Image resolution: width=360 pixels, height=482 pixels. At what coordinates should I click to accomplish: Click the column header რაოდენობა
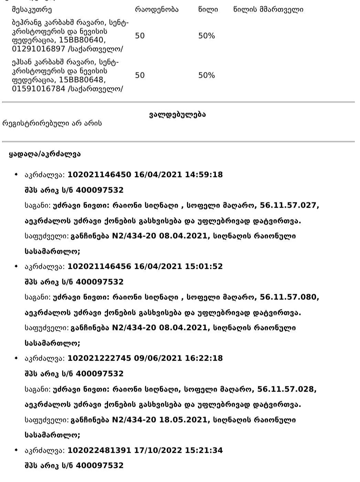coord(157,10)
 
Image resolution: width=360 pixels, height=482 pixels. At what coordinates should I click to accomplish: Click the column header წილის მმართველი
coord(268,10)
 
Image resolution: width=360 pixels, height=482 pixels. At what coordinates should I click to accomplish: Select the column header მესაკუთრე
coord(32,10)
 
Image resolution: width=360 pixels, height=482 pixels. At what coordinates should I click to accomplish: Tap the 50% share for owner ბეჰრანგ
coord(206,36)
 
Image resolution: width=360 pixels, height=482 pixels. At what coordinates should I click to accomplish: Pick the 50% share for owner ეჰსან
coord(206,75)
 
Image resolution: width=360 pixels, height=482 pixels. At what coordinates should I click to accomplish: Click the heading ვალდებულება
coord(177,115)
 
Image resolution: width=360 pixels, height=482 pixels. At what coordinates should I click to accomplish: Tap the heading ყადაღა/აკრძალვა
coord(45,154)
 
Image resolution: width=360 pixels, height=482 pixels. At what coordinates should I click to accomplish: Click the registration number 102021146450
coord(99,175)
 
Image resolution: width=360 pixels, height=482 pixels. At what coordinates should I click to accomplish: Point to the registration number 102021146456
coord(99,266)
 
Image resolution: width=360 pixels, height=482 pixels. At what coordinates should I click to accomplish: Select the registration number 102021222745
coord(99,358)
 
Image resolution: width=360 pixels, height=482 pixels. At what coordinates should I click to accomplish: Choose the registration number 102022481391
coord(99,450)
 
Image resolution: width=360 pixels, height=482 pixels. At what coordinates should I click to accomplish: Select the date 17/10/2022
coord(158,450)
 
